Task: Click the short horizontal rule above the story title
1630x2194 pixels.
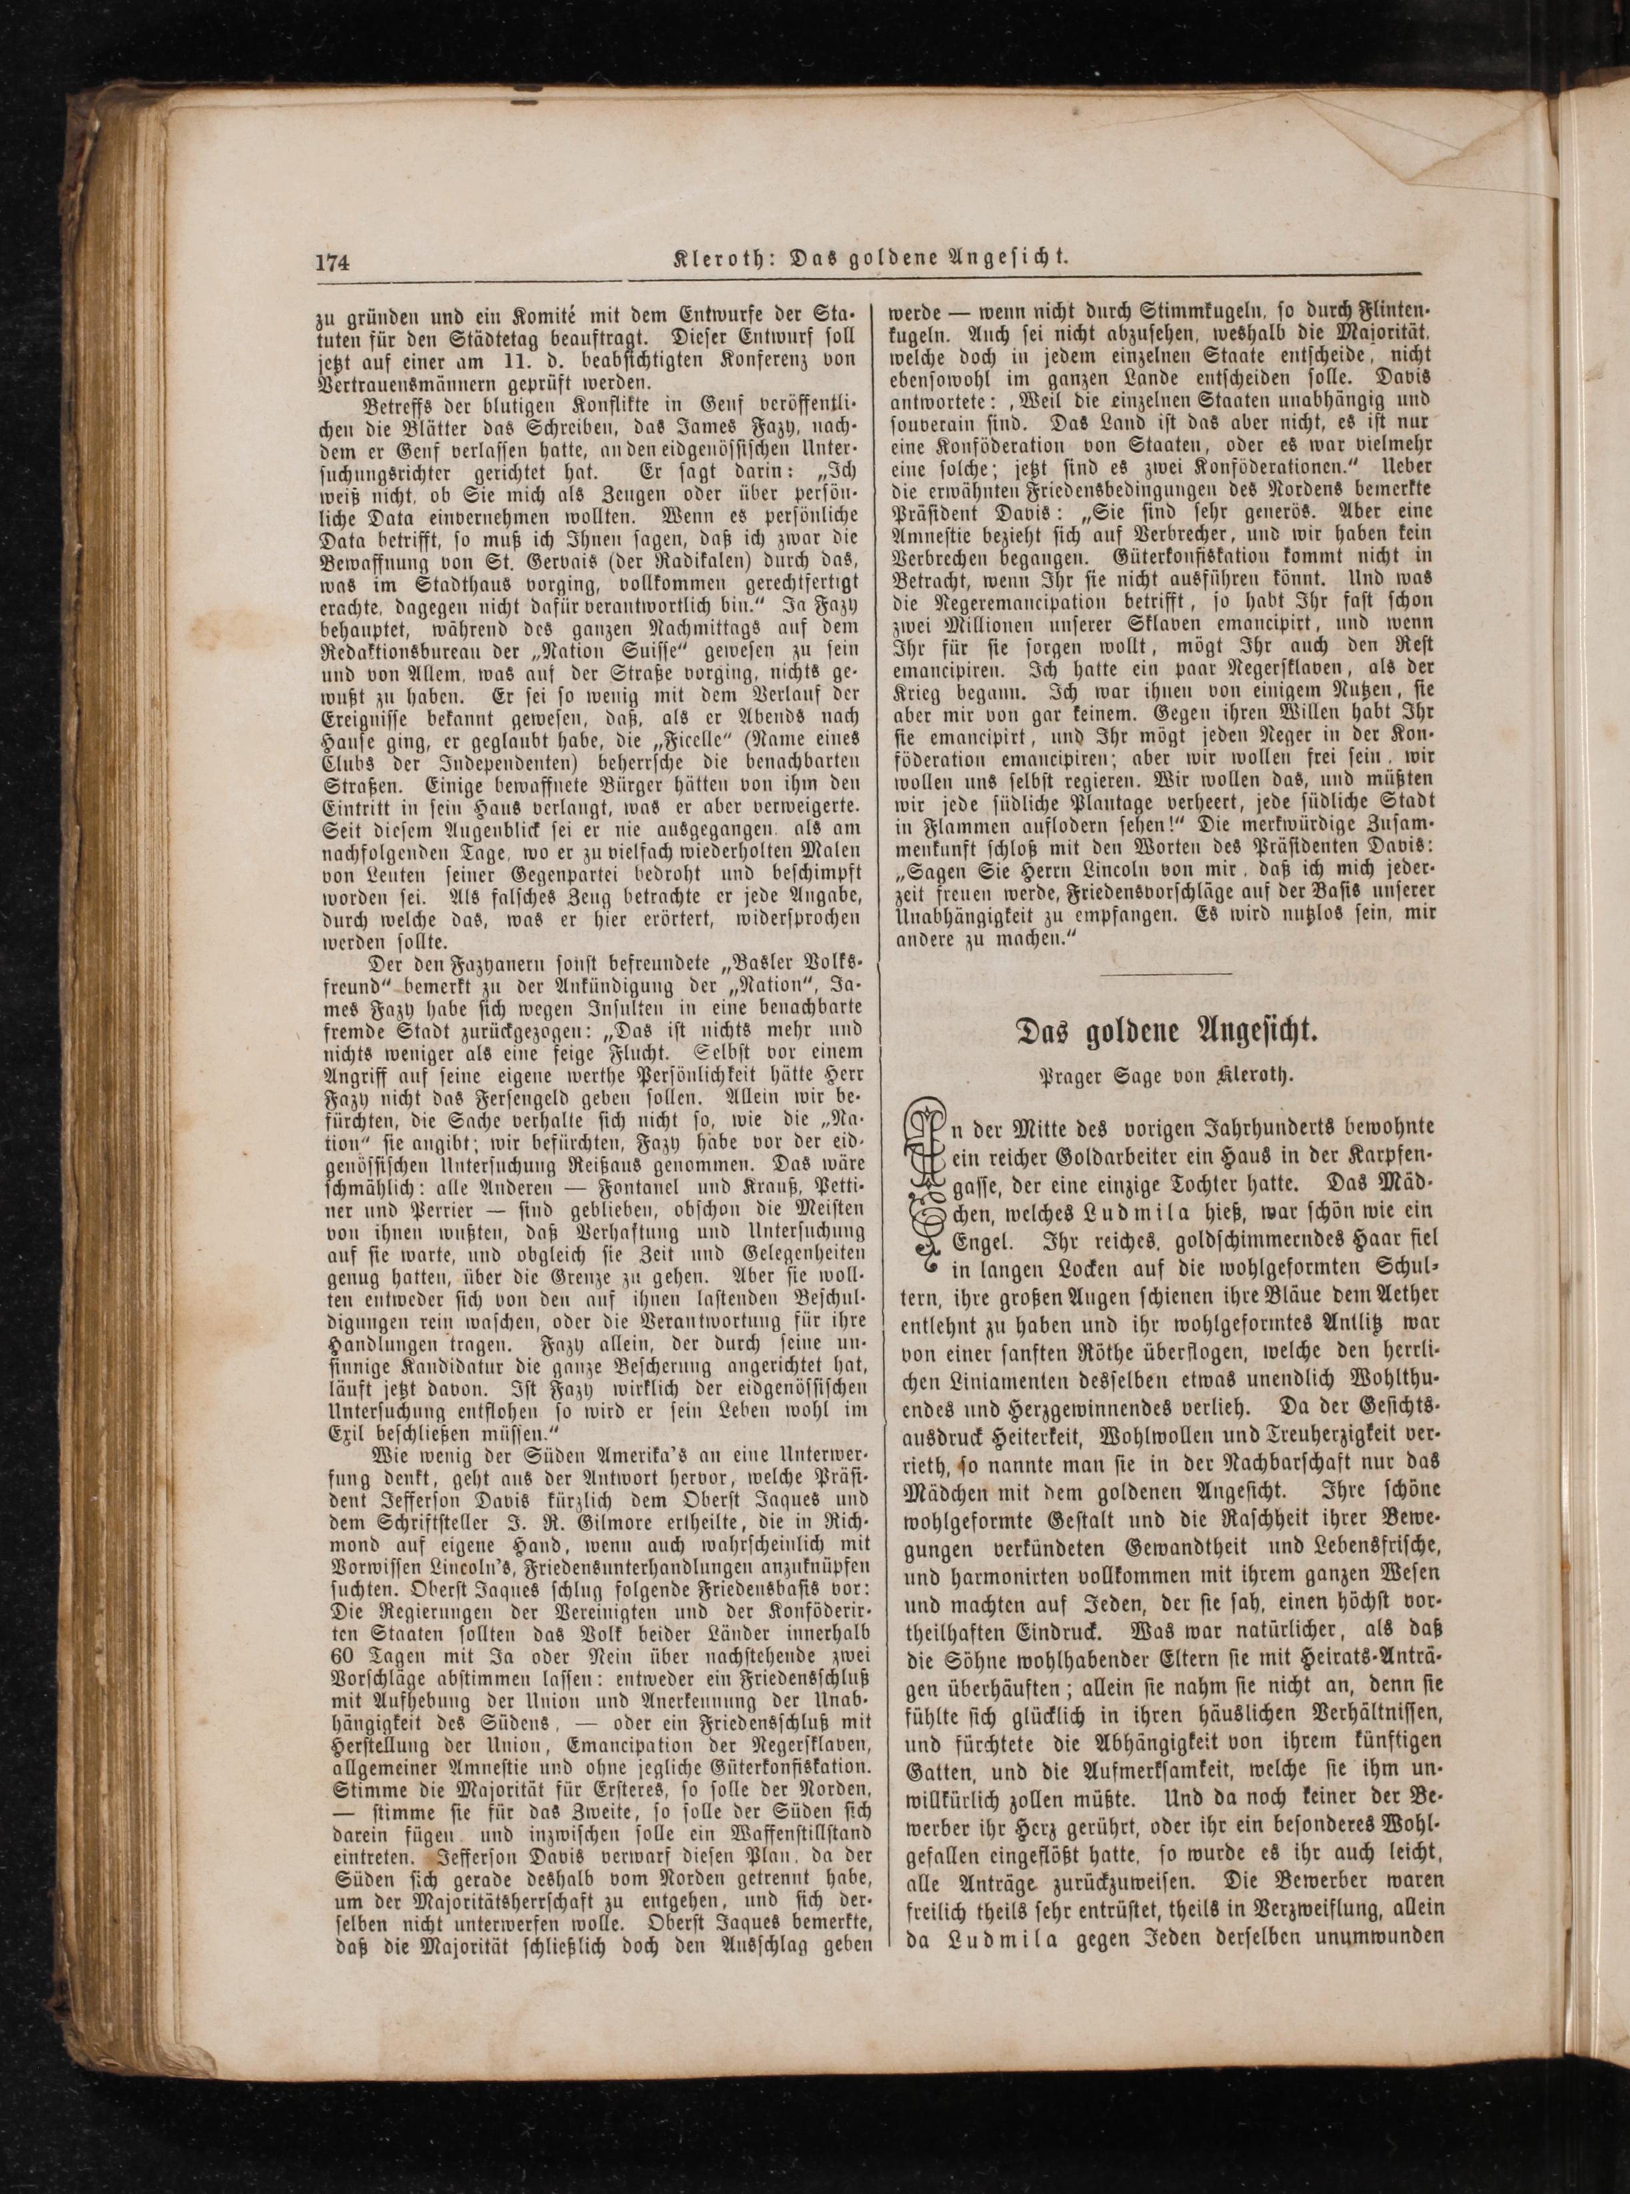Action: tap(1165, 975)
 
